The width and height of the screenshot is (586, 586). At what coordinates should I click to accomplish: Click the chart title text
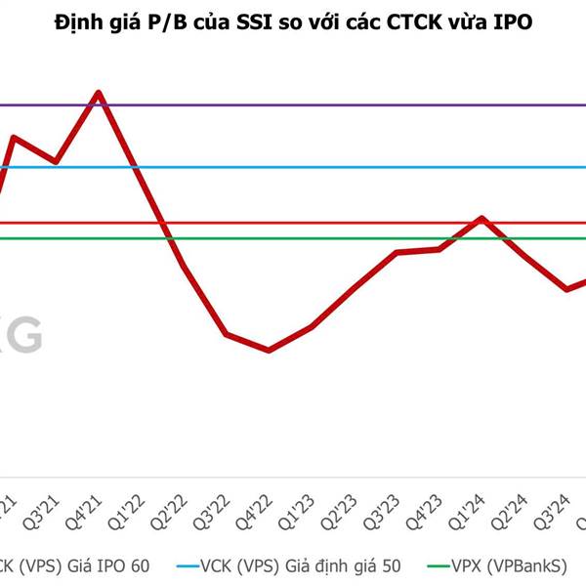pyautogui.click(x=293, y=21)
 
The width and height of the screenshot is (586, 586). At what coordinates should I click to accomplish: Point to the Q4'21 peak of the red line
pyautogui.click(x=98, y=94)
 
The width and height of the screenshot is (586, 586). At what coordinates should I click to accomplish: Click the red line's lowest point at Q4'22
pyautogui.click(x=269, y=350)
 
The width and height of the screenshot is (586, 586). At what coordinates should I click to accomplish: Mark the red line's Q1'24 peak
pyautogui.click(x=481, y=218)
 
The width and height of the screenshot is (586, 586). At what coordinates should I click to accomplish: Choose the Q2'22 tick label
pyautogui.click(x=176, y=511)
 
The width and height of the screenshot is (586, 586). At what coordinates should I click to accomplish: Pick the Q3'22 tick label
pyautogui.click(x=219, y=511)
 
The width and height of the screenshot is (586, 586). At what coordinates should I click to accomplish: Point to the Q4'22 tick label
pyautogui.click(x=262, y=511)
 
